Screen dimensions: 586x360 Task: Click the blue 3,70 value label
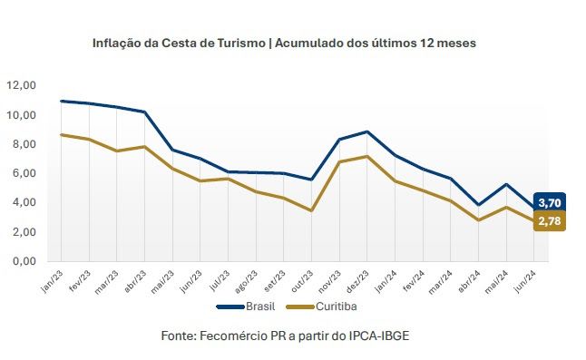coord(550,203)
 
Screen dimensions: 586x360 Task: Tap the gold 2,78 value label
coord(550,220)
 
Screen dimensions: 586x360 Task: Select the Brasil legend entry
coord(246,306)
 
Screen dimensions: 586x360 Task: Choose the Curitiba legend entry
coord(322,306)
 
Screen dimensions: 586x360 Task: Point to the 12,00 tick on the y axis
coord(21,85)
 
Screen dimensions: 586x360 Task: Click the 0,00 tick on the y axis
coord(24,261)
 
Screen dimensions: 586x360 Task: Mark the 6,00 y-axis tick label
coord(24,173)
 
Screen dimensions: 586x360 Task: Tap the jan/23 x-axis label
coord(52,281)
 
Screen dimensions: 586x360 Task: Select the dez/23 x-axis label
coord(357,281)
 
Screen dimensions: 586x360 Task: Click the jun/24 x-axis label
coord(524,281)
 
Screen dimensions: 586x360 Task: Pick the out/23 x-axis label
coord(302,281)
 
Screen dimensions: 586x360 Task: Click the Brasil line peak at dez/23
coord(367,131)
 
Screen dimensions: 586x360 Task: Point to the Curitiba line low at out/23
coord(311,210)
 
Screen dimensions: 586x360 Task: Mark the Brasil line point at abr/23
coord(144,112)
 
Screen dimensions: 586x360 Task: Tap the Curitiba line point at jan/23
coord(62,134)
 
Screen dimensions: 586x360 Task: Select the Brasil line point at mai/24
coord(506,184)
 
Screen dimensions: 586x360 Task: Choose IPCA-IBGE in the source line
coord(379,336)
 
